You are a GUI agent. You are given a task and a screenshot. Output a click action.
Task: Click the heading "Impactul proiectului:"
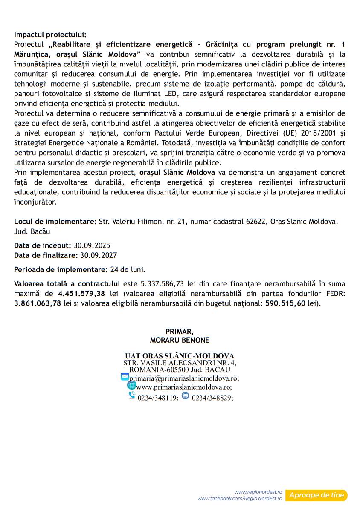50,35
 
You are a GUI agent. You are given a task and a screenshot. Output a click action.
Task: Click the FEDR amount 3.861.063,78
37,303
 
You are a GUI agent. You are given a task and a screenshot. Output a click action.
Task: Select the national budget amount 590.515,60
285,303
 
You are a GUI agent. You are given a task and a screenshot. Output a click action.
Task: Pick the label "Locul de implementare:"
55,222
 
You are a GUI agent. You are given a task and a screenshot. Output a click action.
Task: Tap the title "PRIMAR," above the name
180,332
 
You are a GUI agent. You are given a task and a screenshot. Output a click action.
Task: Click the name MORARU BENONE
180,341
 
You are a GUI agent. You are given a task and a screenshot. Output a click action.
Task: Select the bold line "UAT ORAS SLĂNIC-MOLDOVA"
180,356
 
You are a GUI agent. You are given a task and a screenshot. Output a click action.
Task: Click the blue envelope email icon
125,376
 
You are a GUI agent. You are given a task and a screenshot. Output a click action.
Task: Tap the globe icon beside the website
131,385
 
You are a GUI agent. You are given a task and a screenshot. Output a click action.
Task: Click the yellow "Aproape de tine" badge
316,495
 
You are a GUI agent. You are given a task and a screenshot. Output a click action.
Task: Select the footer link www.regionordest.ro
258,492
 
